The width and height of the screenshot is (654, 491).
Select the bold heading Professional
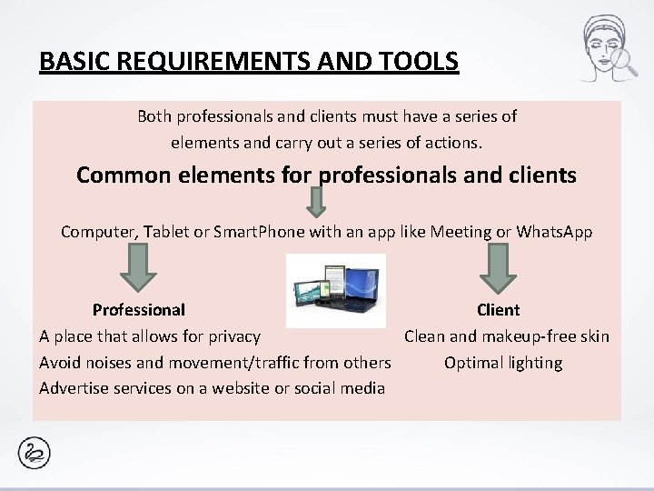139,310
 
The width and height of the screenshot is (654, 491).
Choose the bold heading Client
498,310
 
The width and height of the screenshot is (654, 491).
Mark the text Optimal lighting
503,363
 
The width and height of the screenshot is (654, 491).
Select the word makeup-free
527,336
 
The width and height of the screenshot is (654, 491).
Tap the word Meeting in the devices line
462,232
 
